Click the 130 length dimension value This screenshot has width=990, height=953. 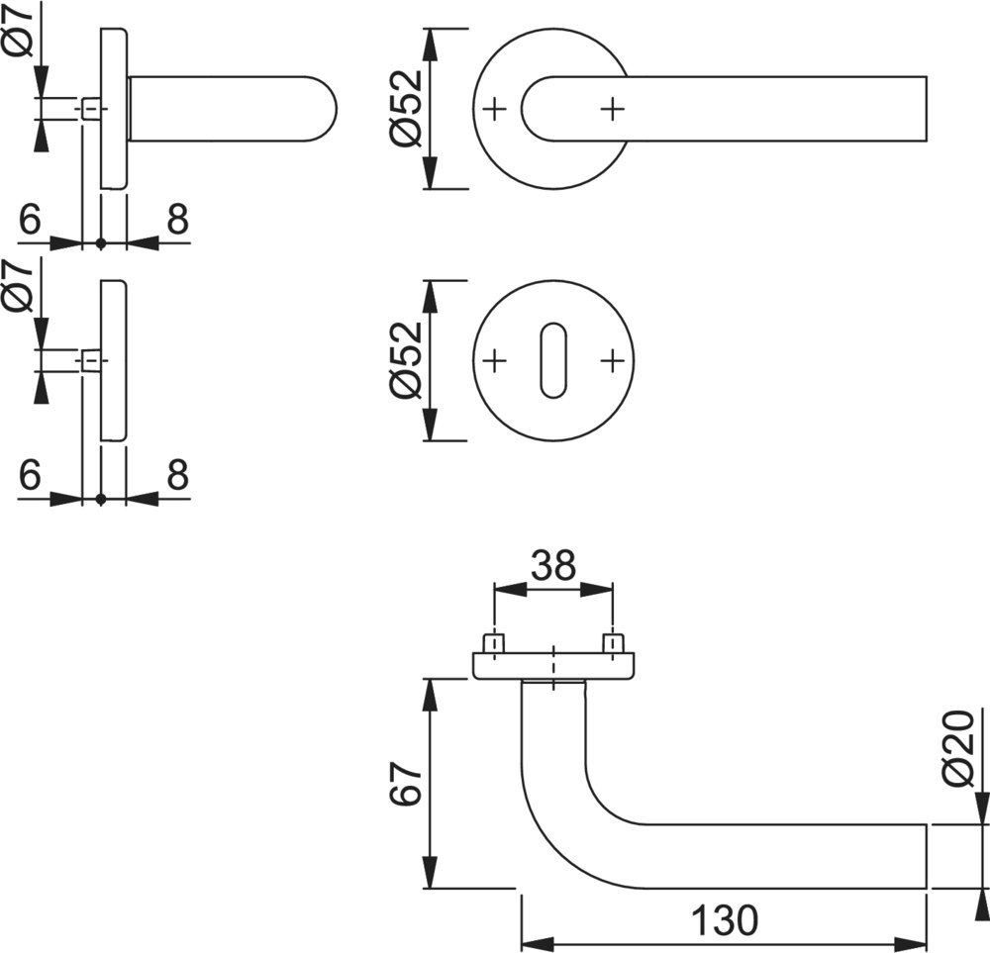pos(724,920)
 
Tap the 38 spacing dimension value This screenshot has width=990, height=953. pos(552,567)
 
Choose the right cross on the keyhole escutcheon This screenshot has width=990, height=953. pos(614,360)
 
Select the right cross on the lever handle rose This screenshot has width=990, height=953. pos(614,108)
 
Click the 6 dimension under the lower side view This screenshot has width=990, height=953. pos(30,476)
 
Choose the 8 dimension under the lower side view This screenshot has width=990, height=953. pos(177,476)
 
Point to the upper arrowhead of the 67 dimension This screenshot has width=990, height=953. pos(429,693)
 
